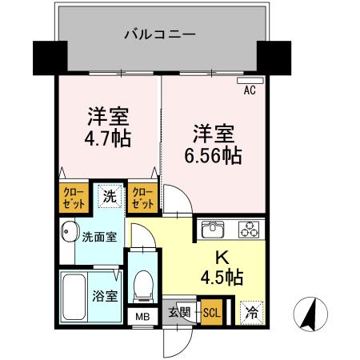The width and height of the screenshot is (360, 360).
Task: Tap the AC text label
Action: point(249,90)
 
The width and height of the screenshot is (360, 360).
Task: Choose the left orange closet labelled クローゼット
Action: point(72,198)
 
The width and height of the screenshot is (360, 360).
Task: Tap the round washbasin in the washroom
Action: point(66,237)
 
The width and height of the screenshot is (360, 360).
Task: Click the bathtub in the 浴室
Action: point(78,296)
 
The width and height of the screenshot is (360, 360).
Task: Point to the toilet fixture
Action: point(144,283)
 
